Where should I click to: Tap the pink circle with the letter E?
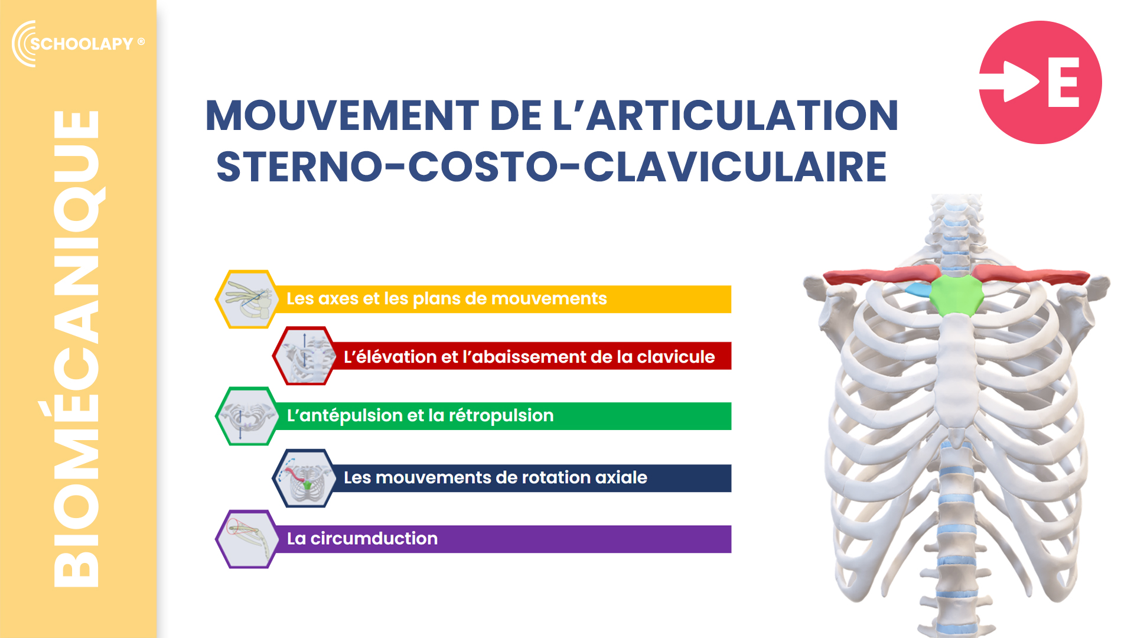coord(1040,82)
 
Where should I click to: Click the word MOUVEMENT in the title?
coord(342,115)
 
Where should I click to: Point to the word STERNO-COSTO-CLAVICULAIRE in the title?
coord(552,167)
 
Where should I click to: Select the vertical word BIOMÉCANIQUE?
coord(76,349)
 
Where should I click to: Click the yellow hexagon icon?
coord(247,299)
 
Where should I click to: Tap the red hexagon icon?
coord(304,356)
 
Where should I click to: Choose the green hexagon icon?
coord(247,416)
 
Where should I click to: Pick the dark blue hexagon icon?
coord(304,478)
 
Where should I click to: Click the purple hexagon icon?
coord(247,539)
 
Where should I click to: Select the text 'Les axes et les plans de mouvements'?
coord(447,299)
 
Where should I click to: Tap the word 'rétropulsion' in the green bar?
coord(501,416)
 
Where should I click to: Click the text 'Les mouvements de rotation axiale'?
coord(496,477)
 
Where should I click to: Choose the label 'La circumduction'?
coord(362,539)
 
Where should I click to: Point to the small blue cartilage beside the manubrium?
coord(918,289)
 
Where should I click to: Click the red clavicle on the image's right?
coord(1031,275)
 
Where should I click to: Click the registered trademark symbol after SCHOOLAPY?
coord(141,41)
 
